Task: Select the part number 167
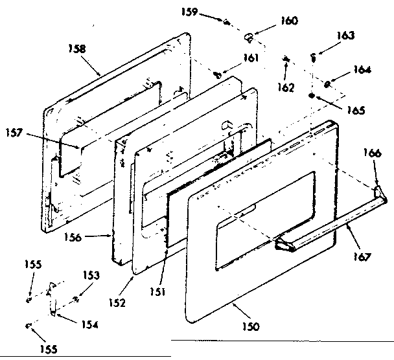coord(363,256)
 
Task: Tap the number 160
coord(289,21)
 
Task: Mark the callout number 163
coord(346,36)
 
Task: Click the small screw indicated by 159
coord(227,23)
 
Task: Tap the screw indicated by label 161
coord(218,76)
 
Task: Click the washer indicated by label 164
coord(328,85)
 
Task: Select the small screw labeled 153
coord(76,298)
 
